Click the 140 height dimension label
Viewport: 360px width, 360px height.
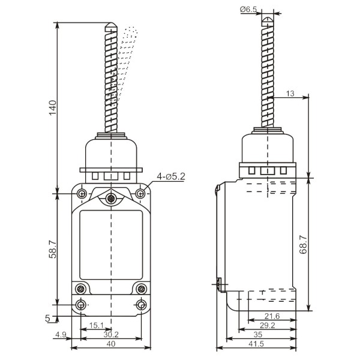(x=53, y=107)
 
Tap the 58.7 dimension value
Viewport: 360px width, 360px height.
(x=53, y=250)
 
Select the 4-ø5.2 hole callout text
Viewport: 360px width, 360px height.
(x=171, y=176)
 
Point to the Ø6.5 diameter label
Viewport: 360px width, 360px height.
(x=248, y=10)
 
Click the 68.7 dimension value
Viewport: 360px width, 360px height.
(x=303, y=245)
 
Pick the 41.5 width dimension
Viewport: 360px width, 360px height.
(x=256, y=344)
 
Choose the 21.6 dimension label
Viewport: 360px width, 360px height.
(x=272, y=316)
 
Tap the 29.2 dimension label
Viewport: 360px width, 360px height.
(x=267, y=325)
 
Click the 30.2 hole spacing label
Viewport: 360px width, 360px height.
(x=111, y=335)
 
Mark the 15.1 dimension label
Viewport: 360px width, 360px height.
(x=97, y=325)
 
